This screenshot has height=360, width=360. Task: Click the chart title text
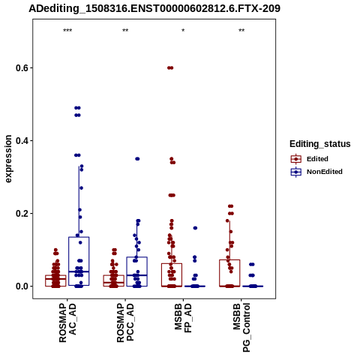154,9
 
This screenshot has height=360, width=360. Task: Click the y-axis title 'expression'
8,159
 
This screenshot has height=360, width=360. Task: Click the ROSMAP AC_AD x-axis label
67,322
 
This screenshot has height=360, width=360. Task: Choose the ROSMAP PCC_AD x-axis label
125,322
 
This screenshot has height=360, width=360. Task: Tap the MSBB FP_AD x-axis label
183,318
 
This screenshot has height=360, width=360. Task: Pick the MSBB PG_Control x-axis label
241,328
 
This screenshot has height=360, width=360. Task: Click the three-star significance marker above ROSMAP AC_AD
67,31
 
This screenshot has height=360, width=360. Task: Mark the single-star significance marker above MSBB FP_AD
183,31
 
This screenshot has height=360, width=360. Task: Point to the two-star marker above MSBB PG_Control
241,31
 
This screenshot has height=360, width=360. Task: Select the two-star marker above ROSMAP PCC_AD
125,31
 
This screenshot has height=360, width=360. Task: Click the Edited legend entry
309,159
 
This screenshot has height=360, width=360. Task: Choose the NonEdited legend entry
316,172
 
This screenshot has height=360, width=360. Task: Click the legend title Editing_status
320,144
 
